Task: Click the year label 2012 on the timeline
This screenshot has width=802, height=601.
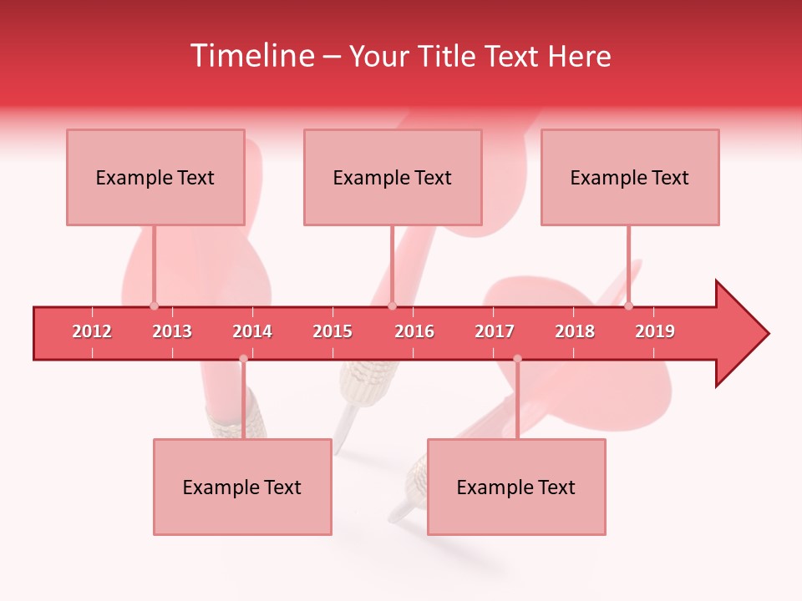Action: click(92, 331)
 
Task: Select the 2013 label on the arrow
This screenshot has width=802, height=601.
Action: click(172, 331)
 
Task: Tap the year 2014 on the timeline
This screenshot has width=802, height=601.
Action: click(252, 331)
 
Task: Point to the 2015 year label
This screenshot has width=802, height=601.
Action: click(332, 331)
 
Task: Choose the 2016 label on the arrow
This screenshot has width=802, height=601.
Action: click(414, 331)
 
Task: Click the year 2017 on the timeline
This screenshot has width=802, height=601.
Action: click(495, 331)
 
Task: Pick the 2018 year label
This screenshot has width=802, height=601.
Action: click(575, 331)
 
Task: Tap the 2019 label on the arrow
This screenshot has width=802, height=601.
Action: click(655, 331)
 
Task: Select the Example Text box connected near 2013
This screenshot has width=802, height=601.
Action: click(155, 177)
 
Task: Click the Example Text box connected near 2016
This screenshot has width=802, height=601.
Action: click(393, 177)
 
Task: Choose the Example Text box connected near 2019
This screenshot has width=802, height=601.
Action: click(630, 177)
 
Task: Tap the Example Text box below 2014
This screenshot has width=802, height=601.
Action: click(242, 487)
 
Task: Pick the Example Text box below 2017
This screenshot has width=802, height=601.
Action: click(516, 487)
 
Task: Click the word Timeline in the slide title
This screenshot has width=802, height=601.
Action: click(251, 56)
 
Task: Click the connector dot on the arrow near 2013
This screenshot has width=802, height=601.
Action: click(154, 306)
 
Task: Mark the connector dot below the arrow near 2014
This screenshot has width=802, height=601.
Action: click(243, 359)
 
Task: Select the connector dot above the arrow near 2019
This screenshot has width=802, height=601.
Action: click(628, 306)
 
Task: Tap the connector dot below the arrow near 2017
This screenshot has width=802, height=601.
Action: click(517, 359)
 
